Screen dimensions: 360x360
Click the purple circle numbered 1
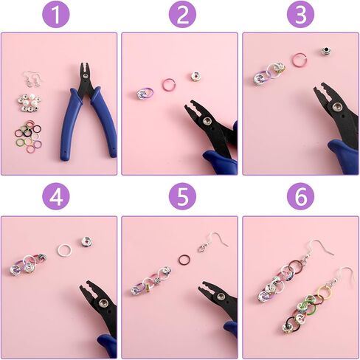tap(56, 14)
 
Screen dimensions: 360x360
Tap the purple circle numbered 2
tap(182, 14)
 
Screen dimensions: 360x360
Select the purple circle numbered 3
tap(300, 14)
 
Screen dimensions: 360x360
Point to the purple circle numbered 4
tap(56, 196)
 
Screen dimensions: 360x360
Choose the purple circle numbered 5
tap(182, 196)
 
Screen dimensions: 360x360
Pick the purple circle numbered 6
tap(300, 196)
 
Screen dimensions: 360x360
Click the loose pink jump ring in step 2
tap(163, 84)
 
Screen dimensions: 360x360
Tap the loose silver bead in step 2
tap(195, 76)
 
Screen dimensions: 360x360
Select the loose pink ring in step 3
tap(294, 60)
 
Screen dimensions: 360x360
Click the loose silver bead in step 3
tap(325, 52)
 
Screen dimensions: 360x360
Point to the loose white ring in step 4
tap(58, 249)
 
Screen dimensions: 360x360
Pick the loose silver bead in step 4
tap(86, 241)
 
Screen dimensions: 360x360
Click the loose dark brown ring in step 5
tap(179, 261)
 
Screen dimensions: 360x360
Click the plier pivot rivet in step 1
tap(86, 75)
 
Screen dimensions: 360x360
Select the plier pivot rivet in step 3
tap(336, 107)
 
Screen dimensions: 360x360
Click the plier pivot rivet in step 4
tap(103, 302)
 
